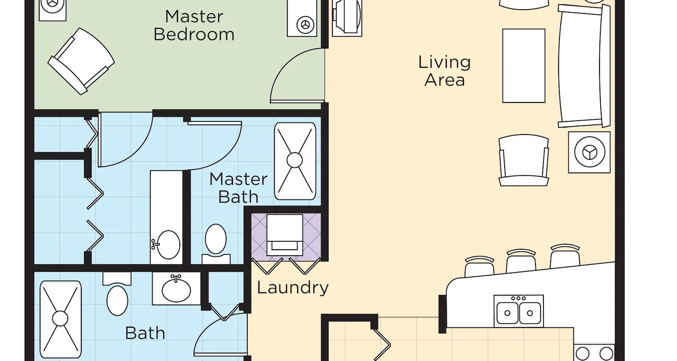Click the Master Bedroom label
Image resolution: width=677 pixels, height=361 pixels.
pos(194,25)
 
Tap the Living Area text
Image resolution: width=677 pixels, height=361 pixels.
pos(444,71)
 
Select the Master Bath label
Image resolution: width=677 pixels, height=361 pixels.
pos(238,188)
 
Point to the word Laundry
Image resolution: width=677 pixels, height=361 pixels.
pos(292,288)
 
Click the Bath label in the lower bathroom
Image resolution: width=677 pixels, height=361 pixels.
pos(145,333)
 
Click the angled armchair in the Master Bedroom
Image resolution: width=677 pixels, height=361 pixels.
pos(81,61)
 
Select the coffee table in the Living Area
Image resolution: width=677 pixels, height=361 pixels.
pos(524,66)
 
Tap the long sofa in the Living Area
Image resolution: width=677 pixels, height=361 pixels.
pos(584,66)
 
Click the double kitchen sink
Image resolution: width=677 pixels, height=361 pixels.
pos(519,311)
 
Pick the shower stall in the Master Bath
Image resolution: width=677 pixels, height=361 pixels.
pos(295,161)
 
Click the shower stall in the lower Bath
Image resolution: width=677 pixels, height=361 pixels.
pos(60,319)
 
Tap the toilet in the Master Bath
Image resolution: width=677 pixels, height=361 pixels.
pos(216,244)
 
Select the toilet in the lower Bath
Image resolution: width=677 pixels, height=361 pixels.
pos(117,294)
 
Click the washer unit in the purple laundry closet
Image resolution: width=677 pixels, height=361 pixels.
pos(285,235)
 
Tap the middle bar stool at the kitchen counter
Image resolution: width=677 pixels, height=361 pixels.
pos(521,261)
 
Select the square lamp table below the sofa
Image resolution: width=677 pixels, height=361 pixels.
pos(589,152)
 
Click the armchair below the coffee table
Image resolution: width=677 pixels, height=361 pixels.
pos(524,160)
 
